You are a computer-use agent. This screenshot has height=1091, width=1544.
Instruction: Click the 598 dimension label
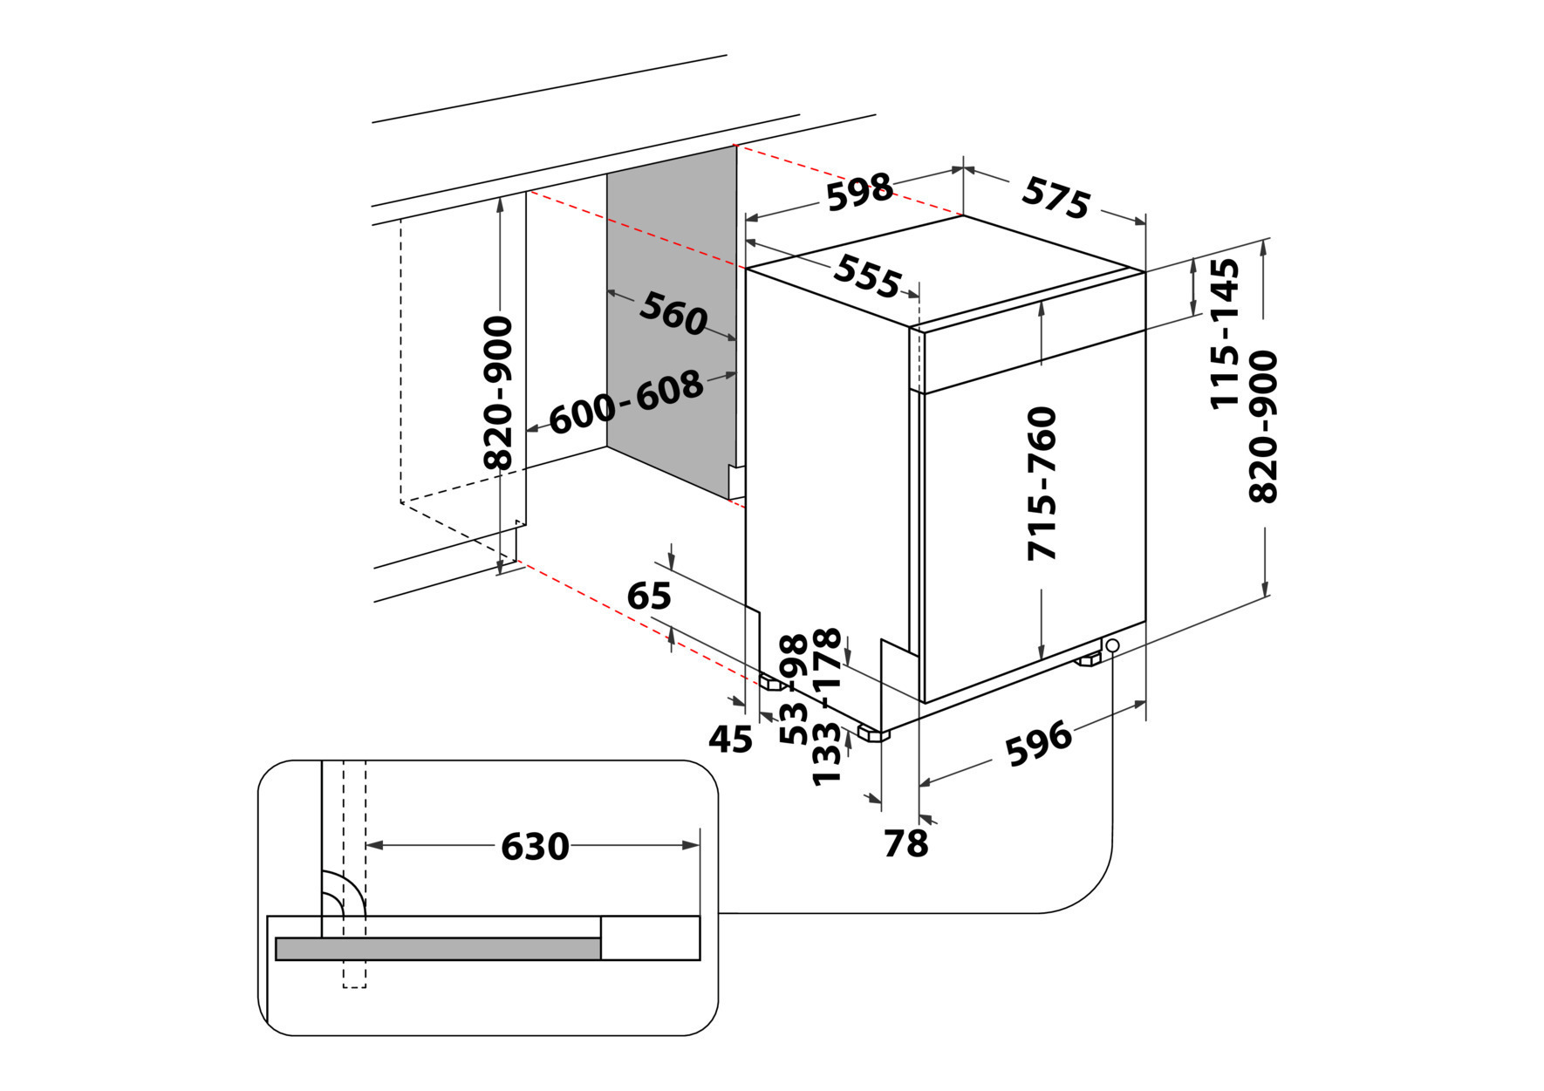pos(859,193)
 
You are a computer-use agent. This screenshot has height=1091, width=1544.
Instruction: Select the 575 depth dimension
pos(1056,198)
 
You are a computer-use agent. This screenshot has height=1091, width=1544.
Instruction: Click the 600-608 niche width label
pos(625,402)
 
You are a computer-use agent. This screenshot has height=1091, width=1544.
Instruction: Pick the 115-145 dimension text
pos(1225,333)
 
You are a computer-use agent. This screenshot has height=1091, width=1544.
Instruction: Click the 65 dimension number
pos(649,597)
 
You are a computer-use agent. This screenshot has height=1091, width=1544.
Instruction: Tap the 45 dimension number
pos(730,740)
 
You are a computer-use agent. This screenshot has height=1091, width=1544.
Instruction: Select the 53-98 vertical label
pos(794,689)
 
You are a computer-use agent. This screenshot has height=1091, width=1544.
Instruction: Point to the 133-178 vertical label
pos(826,706)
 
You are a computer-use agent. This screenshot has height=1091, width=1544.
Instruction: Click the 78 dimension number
pos(905,843)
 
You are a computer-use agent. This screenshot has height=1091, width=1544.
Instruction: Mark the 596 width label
pos(1038,743)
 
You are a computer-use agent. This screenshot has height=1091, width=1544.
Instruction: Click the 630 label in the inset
pos(535,846)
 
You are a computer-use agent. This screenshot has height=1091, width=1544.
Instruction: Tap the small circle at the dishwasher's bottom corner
pos(1112,645)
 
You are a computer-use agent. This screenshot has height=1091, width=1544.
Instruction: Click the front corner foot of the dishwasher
pos(873,733)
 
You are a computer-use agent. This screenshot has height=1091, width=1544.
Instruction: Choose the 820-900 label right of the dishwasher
pos(1263,426)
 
